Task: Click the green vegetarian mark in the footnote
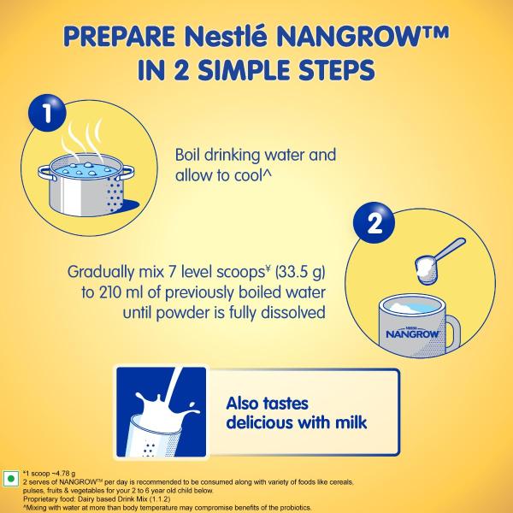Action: pyautogui.click(x=11, y=477)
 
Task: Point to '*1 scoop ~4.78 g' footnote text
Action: pyautogui.click(x=52, y=471)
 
